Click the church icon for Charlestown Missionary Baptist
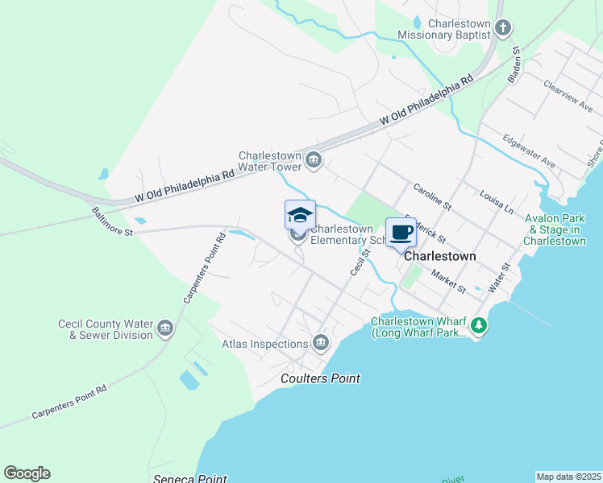[x=502, y=29]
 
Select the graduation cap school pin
[x=300, y=216]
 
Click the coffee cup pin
[x=401, y=233]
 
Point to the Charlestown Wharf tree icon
[x=480, y=326]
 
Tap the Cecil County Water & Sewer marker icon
[x=166, y=328]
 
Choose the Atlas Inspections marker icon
[x=321, y=344]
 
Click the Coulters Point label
[x=320, y=378]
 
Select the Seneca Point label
[x=189, y=478]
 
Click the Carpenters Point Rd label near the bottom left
[x=69, y=402]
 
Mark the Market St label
[x=449, y=281]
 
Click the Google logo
[x=27, y=473]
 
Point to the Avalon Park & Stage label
[x=555, y=229]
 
